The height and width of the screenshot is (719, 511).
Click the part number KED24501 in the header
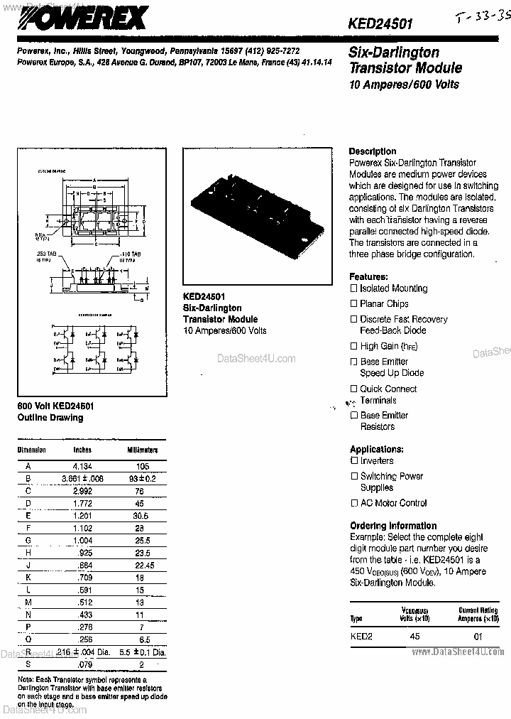[x=380, y=23]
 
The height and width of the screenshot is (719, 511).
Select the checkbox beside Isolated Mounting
[x=354, y=288]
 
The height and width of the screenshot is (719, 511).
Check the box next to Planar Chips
[x=354, y=304]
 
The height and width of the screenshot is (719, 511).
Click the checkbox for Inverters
[x=354, y=461]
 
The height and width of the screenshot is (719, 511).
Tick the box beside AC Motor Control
[x=354, y=503]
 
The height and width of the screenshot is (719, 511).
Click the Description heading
[x=373, y=151]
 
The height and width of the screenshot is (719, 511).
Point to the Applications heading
[x=377, y=449]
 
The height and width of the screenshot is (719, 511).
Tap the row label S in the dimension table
[x=28, y=665]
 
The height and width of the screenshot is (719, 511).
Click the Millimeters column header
[x=143, y=450]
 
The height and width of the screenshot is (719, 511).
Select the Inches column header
[x=82, y=450]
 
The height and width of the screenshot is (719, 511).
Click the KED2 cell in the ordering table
[x=361, y=636]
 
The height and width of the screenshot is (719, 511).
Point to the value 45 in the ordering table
[x=415, y=636]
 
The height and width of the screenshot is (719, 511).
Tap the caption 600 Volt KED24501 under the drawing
[x=56, y=406]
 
